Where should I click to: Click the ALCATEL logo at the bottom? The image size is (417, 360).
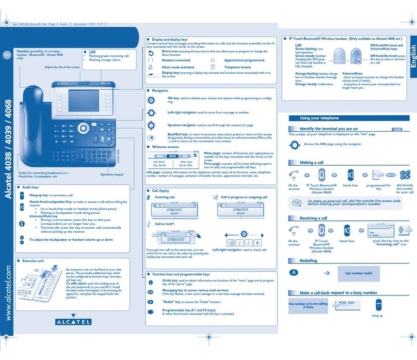[72, 322]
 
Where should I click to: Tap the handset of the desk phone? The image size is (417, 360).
[30, 119]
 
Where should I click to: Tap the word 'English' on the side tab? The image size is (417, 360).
[411, 59]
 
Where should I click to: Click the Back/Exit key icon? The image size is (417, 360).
[151, 137]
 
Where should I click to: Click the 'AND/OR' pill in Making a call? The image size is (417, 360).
[392, 175]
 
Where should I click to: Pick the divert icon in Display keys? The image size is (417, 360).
[151, 52]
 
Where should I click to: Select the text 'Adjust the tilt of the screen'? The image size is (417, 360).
[62, 67]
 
